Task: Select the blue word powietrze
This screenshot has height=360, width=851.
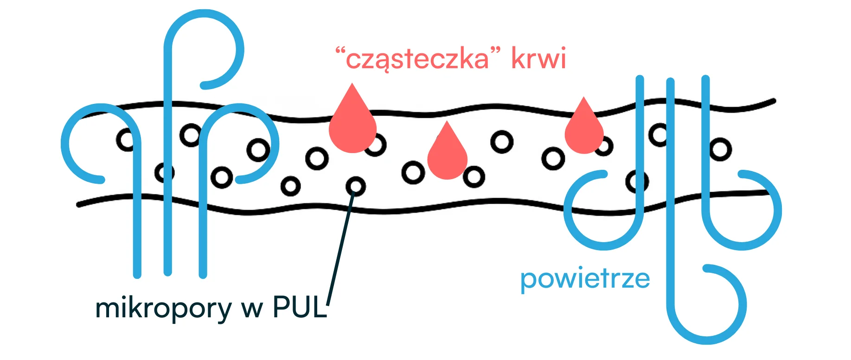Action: (585, 279)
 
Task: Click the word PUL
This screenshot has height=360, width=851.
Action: (300, 307)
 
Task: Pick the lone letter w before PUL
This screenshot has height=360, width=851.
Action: (251, 309)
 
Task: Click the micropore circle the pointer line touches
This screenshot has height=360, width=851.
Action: (356, 186)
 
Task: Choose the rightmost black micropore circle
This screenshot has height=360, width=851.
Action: (720, 149)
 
